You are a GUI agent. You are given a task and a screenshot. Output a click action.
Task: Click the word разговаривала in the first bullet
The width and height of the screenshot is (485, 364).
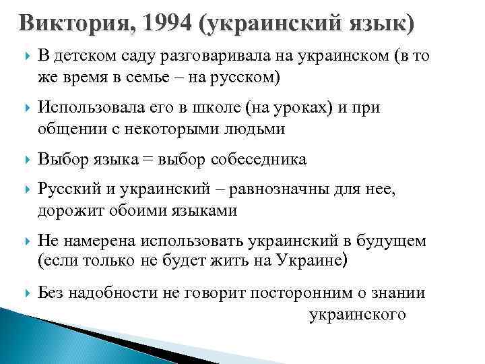[x=205, y=58]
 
